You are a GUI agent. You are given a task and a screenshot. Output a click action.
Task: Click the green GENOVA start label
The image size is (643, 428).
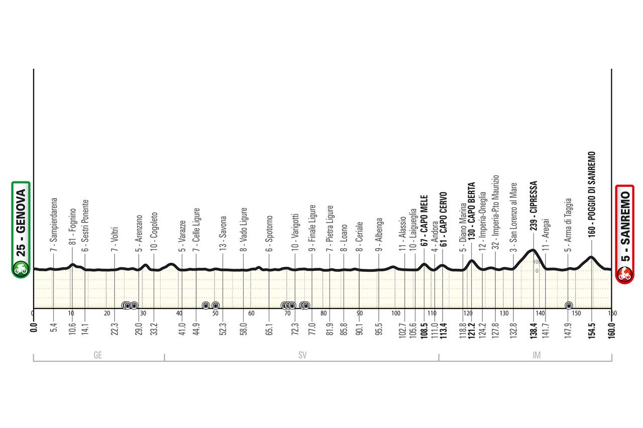click(21, 229)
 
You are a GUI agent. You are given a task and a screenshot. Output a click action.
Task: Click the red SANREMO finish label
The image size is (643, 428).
click(624, 234)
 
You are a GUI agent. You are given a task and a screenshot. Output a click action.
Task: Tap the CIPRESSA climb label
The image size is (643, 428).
click(533, 206)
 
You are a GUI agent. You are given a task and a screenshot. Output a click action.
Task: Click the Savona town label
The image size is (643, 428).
click(223, 233)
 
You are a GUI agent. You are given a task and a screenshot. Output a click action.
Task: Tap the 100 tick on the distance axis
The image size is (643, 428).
click(395, 313)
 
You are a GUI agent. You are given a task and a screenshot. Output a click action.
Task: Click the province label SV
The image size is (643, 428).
click(302, 355)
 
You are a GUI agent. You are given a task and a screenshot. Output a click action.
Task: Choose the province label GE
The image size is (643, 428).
click(98, 355)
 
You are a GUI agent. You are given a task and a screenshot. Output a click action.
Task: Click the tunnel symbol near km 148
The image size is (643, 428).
click(569, 305)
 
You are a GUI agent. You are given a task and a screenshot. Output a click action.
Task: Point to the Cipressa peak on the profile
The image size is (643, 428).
click(532, 250)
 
